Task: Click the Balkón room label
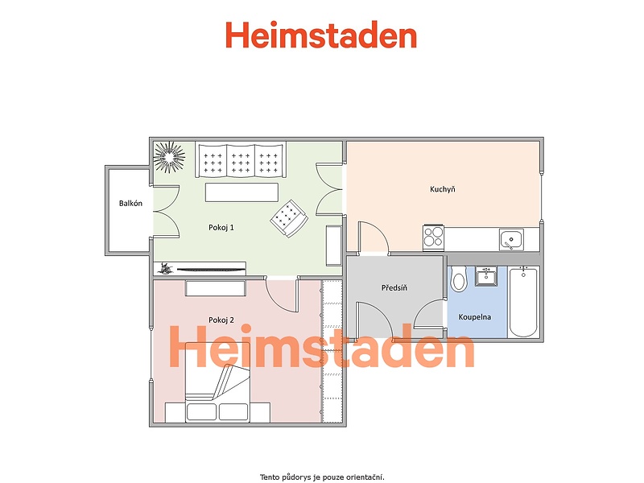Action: click(130, 204)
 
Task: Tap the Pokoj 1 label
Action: click(221, 228)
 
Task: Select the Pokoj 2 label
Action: click(221, 320)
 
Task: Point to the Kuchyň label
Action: click(442, 189)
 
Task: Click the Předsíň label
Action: click(394, 288)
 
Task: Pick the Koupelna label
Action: click(474, 317)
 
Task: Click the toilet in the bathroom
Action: click(458, 279)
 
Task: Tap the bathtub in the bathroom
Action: click(523, 302)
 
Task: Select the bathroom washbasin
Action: click(486, 276)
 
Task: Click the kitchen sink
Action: click(511, 239)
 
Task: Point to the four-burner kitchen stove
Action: click(433, 237)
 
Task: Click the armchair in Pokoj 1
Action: click(289, 218)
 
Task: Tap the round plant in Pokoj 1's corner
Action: click(169, 156)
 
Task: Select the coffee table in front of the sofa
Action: click(242, 192)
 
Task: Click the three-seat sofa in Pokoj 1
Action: click(241, 159)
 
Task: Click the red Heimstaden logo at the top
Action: click(321, 35)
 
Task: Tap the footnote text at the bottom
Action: click(322, 477)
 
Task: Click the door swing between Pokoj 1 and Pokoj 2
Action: click(282, 295)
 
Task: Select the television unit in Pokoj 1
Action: click(200, 269)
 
